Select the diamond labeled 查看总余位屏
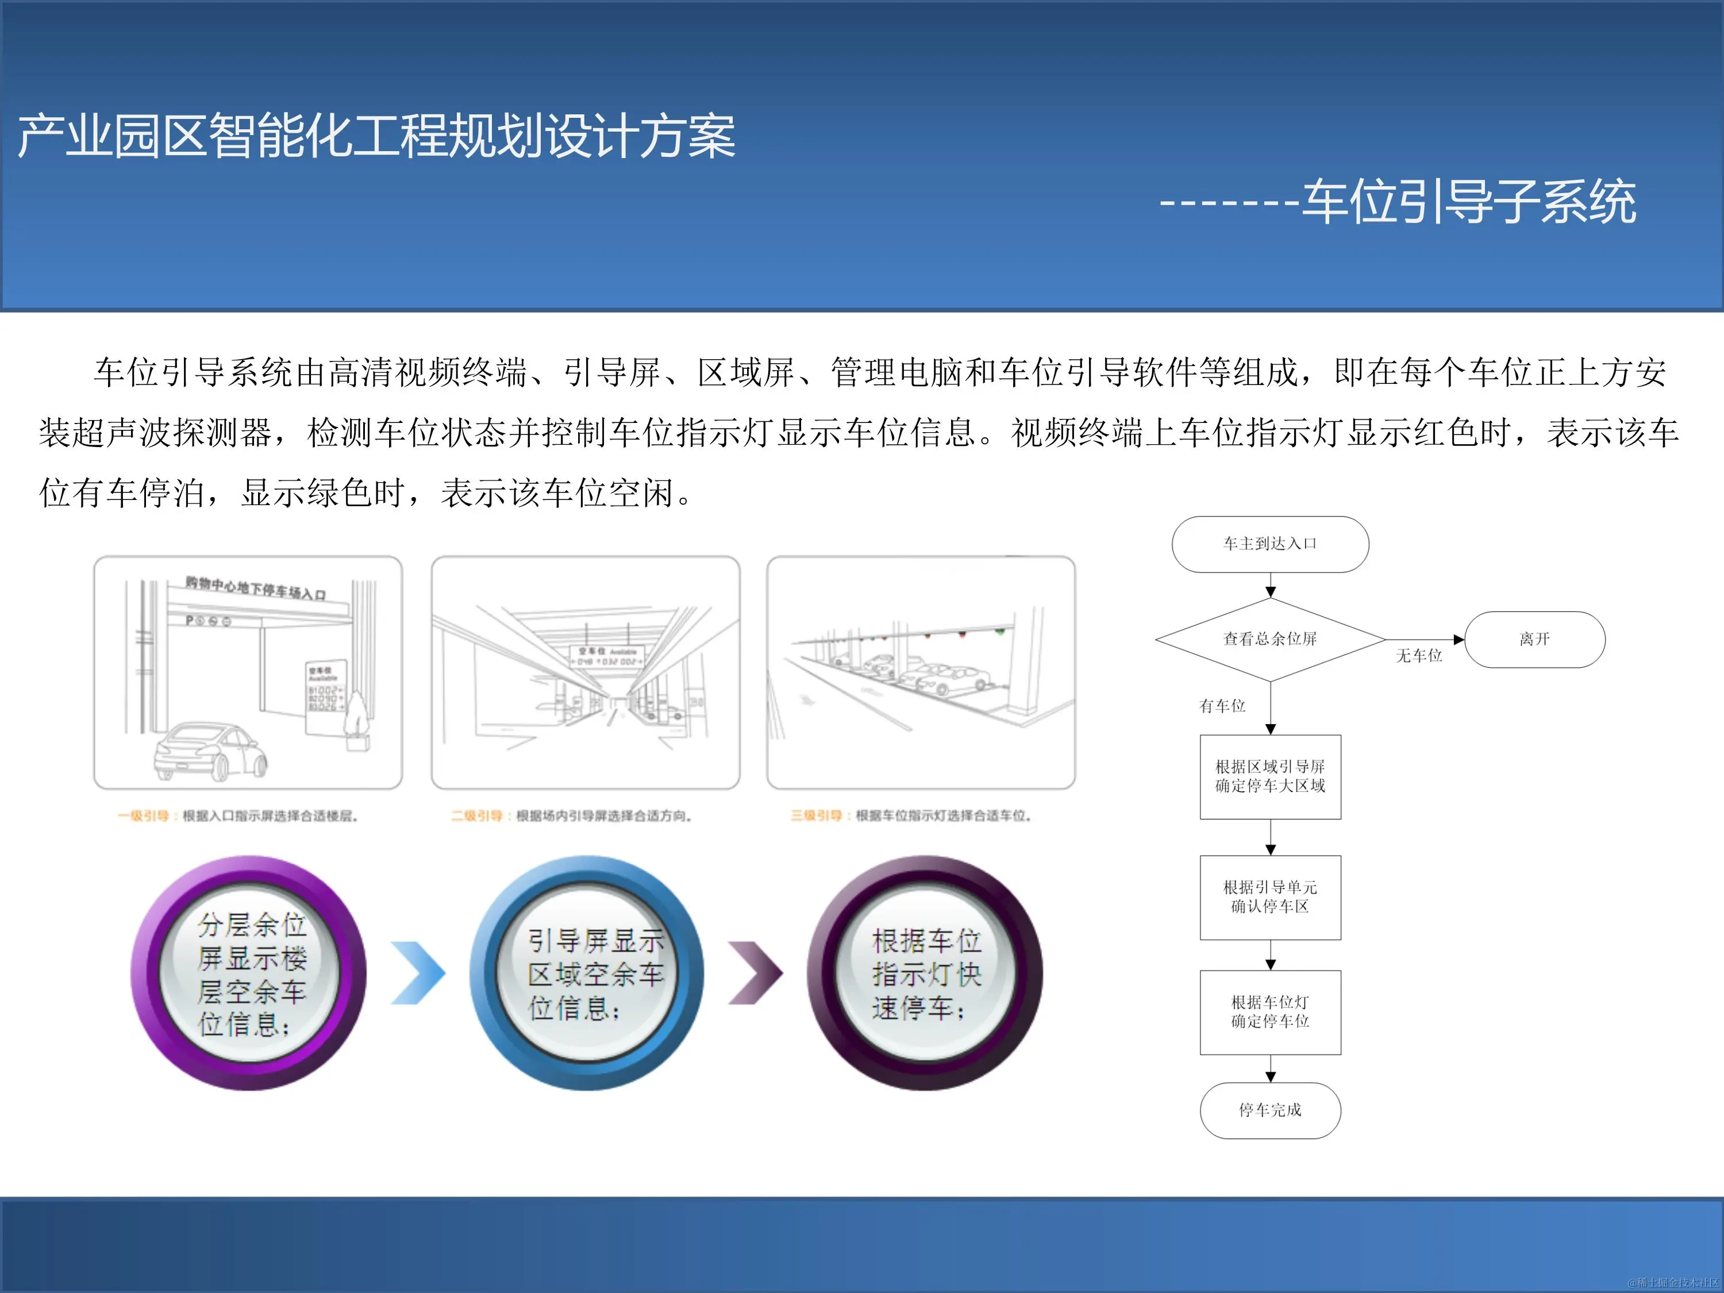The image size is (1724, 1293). point(1269,639)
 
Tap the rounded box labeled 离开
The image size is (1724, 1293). point(1534,639)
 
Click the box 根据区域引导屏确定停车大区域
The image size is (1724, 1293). point(1269,776)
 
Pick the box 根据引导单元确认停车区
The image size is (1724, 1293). point(1269,897)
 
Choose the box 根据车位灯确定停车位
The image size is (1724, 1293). point(1269,1011)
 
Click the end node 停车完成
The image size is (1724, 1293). point(1269,1110)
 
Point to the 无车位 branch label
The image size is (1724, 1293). point(1418,656)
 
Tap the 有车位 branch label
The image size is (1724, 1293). point(1222,706)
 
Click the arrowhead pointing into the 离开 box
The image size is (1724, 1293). point(1459,640)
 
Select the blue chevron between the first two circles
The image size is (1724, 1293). point(418,973)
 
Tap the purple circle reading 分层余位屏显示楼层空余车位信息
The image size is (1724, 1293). point(249,973)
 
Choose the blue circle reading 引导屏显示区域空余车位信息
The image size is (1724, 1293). point(587,973)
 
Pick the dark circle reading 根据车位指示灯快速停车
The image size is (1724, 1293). point(925,973)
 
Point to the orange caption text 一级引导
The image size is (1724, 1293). point(144,816)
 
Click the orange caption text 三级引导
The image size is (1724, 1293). point(816,816)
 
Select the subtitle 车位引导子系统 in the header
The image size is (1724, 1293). point(1468,202)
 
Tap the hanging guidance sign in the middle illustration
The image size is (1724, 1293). point(607,656)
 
